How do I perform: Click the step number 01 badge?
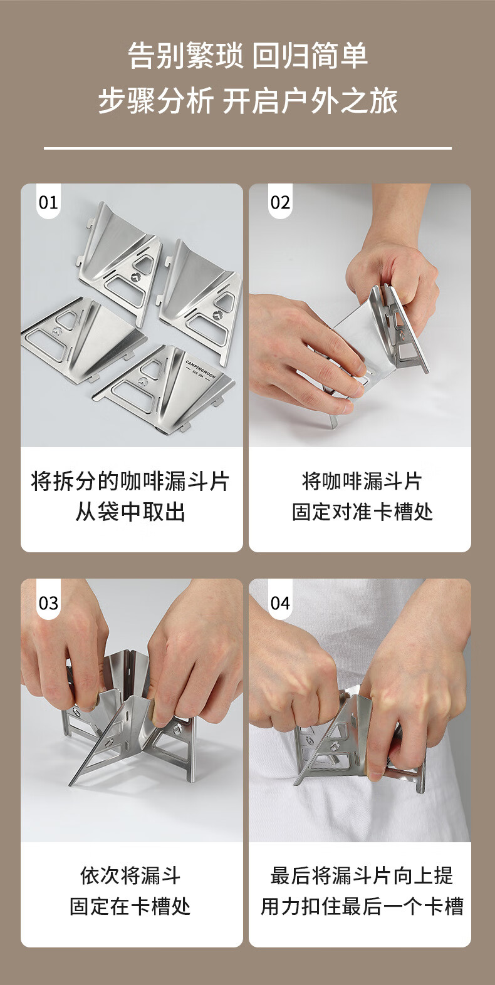coord(48,202)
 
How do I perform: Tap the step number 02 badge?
coord(280,202)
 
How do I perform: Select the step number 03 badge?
coord(48,603)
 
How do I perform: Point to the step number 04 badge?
coord(280,603)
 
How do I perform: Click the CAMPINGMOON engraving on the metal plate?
coord(201,369)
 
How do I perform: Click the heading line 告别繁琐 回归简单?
coord(247,56)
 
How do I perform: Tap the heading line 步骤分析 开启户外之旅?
coord(247,101)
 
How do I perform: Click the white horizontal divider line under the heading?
coord(247,148)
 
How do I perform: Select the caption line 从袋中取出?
coord(130,512)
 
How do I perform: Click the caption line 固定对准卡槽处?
coord(363,512)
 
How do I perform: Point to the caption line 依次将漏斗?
coord(130,875)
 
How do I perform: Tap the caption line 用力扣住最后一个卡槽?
coord(362,906)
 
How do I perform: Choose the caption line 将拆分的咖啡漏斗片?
coord(130,481)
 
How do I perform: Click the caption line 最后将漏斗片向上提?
coord(362,875)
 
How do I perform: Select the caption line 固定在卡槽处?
coord(130,906)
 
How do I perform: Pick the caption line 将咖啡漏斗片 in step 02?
coord(363,481)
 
